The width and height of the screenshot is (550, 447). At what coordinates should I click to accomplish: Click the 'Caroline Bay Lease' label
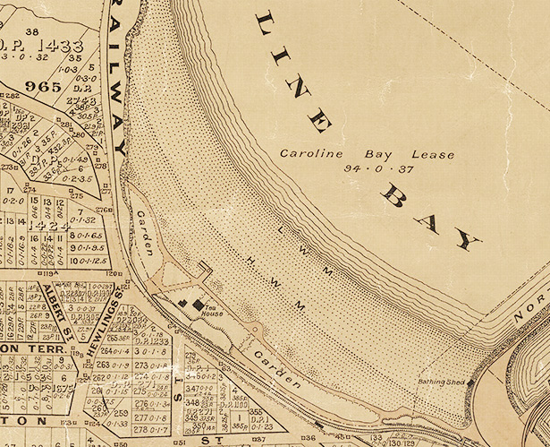click(333, 153)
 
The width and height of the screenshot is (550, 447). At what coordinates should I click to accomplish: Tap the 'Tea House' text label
click(211, 311)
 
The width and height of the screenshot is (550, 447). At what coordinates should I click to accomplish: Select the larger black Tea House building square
click(197, 305)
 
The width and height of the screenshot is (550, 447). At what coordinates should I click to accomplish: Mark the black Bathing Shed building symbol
click(471, 383)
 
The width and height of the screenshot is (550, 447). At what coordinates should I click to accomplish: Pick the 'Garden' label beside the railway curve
click(144, 231)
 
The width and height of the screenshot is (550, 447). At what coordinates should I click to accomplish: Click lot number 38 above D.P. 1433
click(33, 32)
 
